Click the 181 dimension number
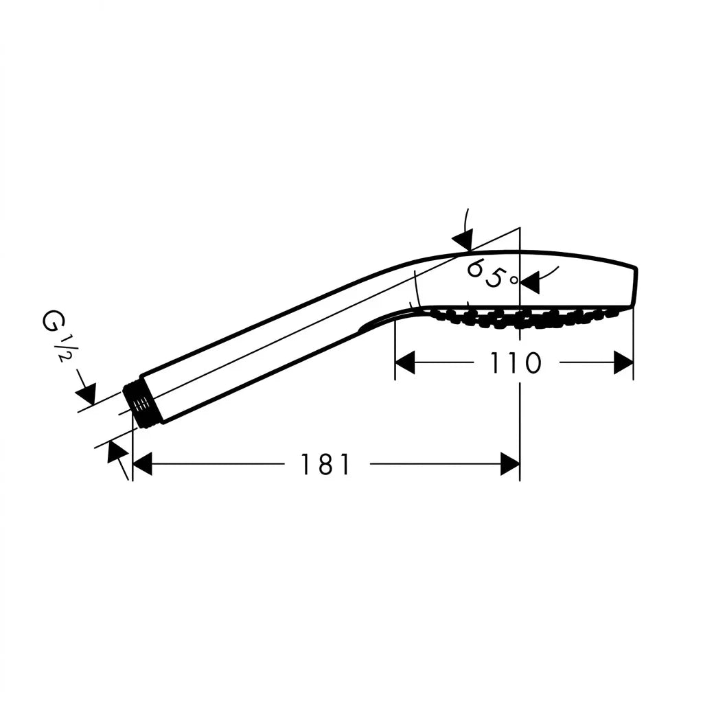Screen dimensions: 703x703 tap(325, 464)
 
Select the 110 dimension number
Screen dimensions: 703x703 tap(515, 362)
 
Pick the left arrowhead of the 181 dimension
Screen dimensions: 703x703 tap(143, 464)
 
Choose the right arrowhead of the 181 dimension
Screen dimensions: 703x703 tap(510, 464)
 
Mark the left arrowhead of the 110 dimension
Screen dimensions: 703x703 tap(405, 362)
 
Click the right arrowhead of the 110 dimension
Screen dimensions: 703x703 tap(623, 362)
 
